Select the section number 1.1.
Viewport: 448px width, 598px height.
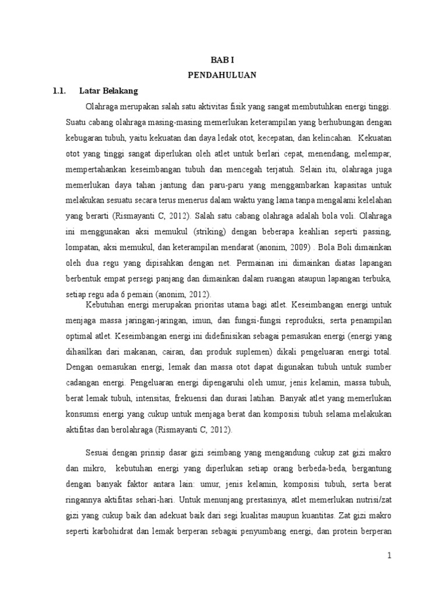click(60, 91)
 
